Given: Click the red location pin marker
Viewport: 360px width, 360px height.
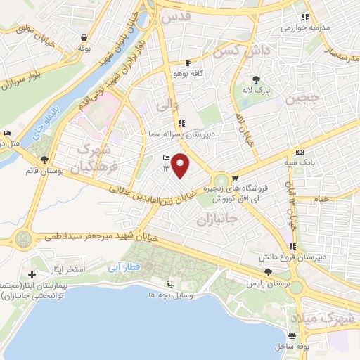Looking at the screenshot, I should (182, 165).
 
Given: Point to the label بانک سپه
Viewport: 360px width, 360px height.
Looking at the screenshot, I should (300, 162).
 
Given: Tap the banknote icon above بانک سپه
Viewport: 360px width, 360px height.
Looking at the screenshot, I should (300, 152).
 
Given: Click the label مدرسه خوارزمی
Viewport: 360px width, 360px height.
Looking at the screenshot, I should (304, 28).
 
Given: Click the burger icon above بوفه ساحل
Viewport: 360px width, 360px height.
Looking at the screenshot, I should (292, 335).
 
